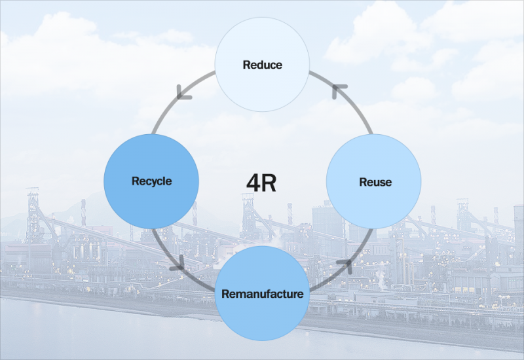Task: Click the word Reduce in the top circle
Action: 262,65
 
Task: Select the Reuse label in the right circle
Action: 375,182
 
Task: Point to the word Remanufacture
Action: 262,293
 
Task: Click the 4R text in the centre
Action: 261,183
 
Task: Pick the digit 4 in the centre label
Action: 253,183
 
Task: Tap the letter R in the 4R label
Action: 269,183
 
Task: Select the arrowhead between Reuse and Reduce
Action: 339,90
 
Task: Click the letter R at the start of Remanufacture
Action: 225,293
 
